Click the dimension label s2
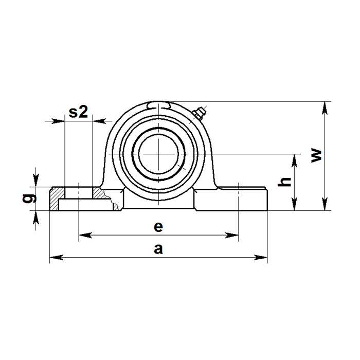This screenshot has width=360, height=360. coord(79,112)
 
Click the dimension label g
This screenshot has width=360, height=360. coord(31,198)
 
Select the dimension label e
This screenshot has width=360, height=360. coord(158,226)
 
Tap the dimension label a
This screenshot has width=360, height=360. coord(158,249)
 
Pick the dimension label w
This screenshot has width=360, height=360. coord(317,155)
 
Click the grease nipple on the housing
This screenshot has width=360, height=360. coord(199,113)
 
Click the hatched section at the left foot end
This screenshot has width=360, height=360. coord(55,200)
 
